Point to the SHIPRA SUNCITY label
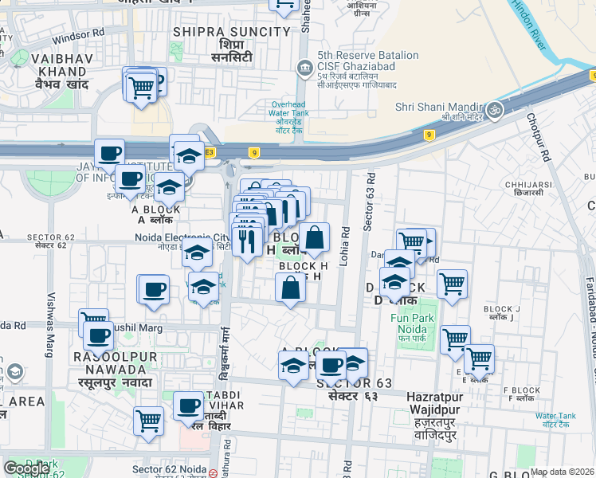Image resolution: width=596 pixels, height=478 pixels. click(x=231, y=32)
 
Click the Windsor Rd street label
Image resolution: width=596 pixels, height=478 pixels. click(x=78, y=36)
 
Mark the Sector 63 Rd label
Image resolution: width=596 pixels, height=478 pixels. click(x=368, y=204)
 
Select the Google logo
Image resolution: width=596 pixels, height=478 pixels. click(x=26, y=468)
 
